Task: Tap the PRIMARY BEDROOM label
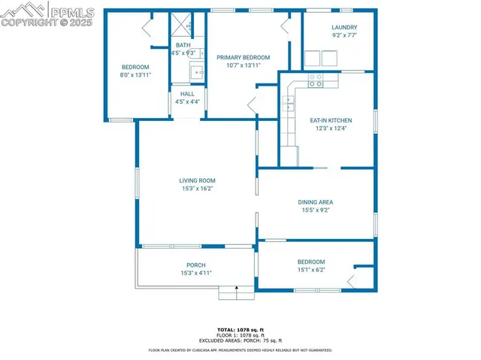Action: point(243,57)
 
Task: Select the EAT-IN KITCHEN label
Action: point(331,120)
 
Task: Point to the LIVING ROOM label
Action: point(197,180)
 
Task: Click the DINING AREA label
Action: point(316,202)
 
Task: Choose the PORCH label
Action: point(196,265)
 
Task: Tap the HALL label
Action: point(187,94)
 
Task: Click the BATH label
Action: point(183,45)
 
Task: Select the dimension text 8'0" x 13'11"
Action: point(136,74)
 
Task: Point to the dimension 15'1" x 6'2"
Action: point(311,269)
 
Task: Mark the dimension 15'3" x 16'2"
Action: point(197,189)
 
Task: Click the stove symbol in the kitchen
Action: point(316,80)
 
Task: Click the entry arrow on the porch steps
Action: point(237,288)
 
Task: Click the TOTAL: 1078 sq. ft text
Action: point(240,329)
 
